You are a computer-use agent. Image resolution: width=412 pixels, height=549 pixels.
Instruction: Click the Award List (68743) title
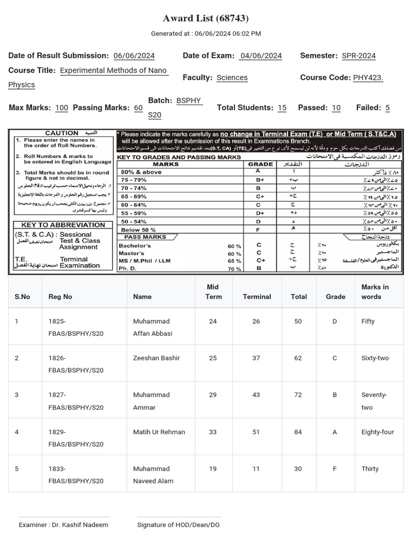click(206, 19)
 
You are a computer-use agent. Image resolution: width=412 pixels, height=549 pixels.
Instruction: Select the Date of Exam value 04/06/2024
click(261, 56)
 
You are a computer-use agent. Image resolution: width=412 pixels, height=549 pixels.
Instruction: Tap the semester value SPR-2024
click(358, 56)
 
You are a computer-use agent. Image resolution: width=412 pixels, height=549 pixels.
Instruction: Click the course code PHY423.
click(368, 78)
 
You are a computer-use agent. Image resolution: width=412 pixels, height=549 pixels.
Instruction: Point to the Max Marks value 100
click(62, 108)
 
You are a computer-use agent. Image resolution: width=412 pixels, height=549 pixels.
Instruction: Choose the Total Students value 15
click(282, 108)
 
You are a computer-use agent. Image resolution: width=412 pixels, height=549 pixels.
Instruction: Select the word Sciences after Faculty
click(232, 78)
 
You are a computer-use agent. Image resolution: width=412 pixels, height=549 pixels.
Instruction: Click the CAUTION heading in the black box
click(62, 133)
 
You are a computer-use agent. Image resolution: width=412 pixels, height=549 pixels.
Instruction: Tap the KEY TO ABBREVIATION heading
click(63, 225)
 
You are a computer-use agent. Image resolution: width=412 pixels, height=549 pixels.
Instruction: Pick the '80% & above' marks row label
click(141, 172)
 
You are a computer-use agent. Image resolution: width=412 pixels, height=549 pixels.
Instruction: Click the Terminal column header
click(257, 296)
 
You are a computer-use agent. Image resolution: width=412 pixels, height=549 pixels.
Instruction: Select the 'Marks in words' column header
click(375, 292)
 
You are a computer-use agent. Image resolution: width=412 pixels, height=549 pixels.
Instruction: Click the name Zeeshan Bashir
click(156, 358)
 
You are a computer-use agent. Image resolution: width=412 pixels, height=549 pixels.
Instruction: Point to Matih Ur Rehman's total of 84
click(298, 432)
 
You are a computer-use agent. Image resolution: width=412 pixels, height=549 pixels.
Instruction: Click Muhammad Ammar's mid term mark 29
click(213, 395)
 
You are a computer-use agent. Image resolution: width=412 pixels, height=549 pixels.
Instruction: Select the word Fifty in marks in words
click(368, 322)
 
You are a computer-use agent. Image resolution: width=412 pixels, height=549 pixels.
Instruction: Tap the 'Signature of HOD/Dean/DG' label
click(178, 525)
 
